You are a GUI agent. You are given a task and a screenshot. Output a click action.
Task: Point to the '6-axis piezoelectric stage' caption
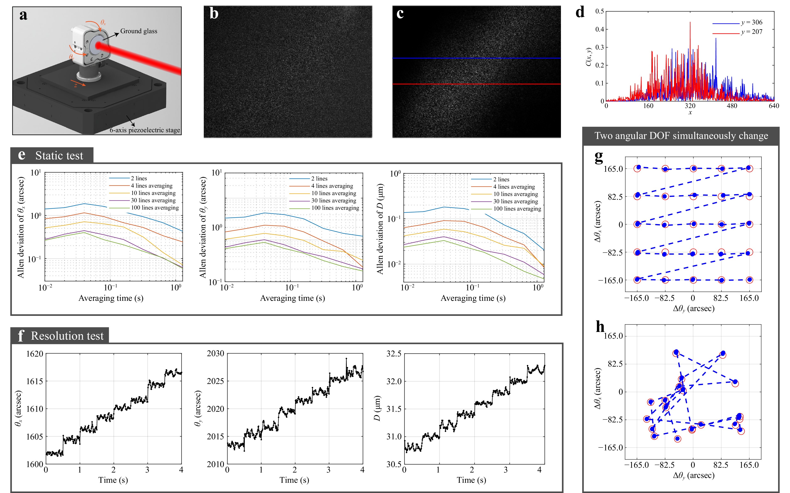[144, 130]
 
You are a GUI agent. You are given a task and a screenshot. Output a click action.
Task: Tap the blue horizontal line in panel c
[476, 58]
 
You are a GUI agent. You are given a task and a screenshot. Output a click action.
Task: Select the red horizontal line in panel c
[476, 84]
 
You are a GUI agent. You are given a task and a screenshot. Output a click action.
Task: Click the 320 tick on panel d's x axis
[690, 106]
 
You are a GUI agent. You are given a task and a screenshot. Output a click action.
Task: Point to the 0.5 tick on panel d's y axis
[600, 11]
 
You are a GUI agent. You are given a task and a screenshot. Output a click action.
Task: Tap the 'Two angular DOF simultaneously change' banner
[681, 136]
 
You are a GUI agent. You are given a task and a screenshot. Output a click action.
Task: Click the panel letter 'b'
[214, 14]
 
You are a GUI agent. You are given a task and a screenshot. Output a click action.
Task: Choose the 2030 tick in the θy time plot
[216, 354]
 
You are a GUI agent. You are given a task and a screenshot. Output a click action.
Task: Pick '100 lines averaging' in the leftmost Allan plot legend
[155, 208]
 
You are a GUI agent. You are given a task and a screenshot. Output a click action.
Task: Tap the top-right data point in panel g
[749, 168]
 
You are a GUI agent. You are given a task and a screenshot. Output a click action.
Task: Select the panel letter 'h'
[600, 327]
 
